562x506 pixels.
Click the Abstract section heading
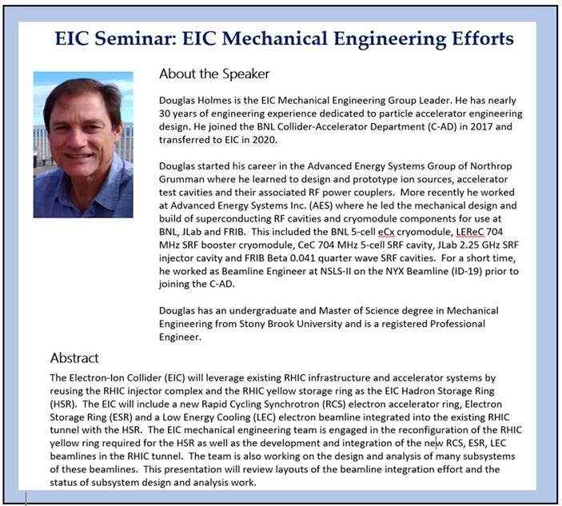click(74, 357)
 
